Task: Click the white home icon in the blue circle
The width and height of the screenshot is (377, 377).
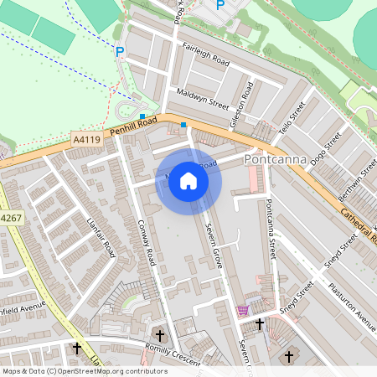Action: click(188, 181)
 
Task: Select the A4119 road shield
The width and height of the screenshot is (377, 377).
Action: click(87, 139)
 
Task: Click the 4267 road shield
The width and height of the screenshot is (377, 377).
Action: click(10, 218)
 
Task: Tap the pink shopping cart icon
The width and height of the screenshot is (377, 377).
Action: click(243, 310)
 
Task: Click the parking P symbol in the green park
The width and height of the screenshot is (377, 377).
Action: click(120, 52)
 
